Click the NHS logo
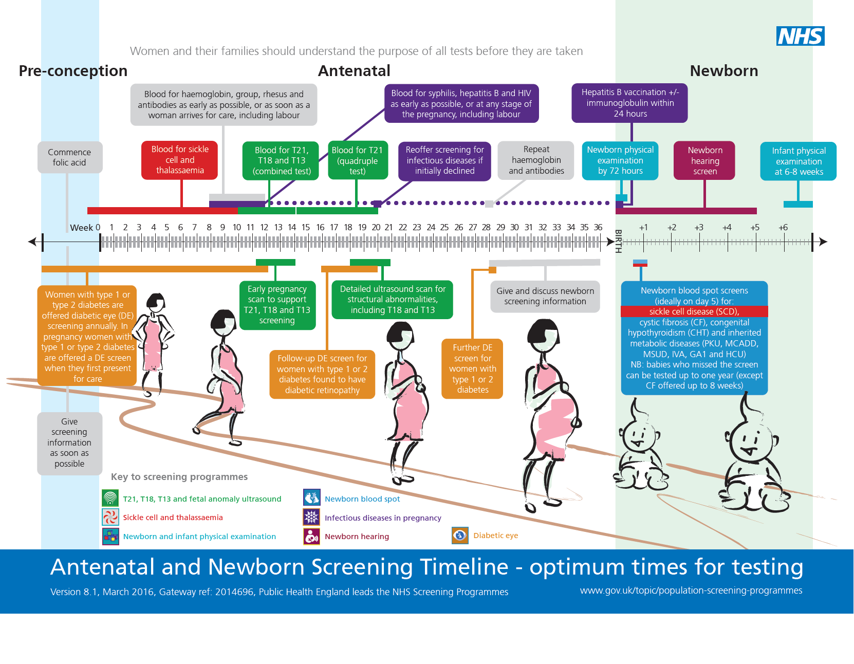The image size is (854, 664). (x=800, y=36)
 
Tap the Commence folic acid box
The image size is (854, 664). (x=69, y=157)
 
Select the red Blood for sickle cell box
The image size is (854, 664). (x=180, y=160)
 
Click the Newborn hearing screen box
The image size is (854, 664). (x=704, y=160)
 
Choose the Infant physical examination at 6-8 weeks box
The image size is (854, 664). (x=799, y=161)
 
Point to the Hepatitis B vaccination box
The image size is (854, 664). (x=629, y=103)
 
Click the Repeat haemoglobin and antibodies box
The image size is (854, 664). (x=536, y=160)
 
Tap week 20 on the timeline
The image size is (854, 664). (x=376, y=227)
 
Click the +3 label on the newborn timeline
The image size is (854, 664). (x=699, y=227)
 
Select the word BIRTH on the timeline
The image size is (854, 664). (x=618, y=241)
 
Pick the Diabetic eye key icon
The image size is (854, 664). (x=460, y=536)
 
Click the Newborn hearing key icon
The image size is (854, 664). (x=311, y=537)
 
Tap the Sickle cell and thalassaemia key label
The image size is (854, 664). (x=173, y=518)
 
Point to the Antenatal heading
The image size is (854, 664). (x=354, y=71)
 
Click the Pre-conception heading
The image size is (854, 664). (x=73, y=71)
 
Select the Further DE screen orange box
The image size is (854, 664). (x=472, y=368)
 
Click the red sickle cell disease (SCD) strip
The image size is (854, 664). (x=694, y=311)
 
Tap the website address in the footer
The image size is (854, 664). (x=691, y=591)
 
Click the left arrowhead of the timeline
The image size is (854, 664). (x=33, y=242)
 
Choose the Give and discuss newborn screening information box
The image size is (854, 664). (x=545, y=296)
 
